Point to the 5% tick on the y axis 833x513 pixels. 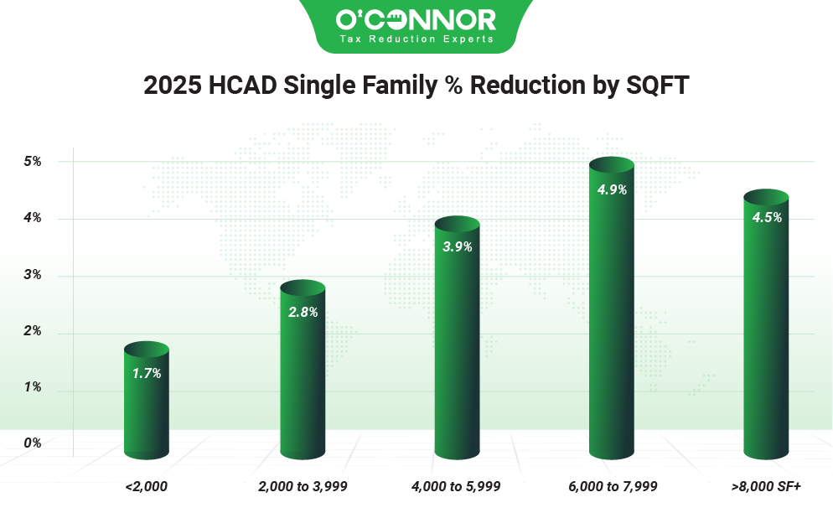tap(33, 161)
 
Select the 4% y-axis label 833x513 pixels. tap(33, 218)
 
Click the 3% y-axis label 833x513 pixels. tap(33, 275)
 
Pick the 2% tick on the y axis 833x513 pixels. tap(33, 332)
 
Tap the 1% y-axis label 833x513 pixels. tap(33, 388)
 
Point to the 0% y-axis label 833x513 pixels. tap(33, 443)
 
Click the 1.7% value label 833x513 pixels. tap(147, 373)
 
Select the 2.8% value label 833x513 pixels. tap(303, 312)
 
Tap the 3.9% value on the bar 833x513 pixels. tap(458, 246)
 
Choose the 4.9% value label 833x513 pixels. tap(612, 189)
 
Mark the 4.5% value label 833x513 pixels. tap(767, 217)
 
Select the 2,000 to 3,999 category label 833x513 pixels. tap(303, 486)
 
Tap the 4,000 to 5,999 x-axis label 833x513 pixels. tap(457, 486)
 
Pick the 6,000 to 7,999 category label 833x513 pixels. tap(613, 486)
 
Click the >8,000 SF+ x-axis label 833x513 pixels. tap(766, 486)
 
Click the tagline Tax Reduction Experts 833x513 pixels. tap(416, 39)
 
